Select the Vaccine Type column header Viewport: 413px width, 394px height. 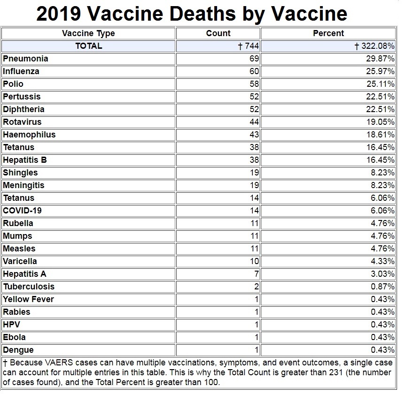[x=88, y=33]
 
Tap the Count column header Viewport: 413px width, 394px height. [x=218, y=33]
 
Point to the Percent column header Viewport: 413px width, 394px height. [x=328, y=33]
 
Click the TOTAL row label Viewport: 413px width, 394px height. [x=88, y=46]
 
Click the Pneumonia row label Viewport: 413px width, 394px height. [x=25, y=59]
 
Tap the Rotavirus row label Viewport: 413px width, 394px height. [x=22, y=122]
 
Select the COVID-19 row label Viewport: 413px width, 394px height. [x=22, y=211]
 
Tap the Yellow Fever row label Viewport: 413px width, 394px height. [x=28, y=299]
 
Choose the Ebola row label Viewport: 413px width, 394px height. [x=14, y=337]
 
